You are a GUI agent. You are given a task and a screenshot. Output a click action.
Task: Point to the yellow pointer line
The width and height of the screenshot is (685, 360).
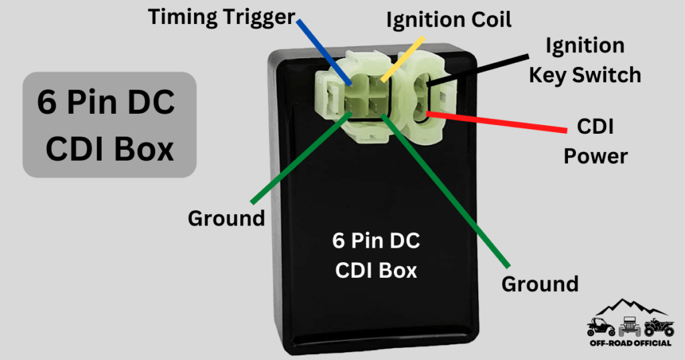402,57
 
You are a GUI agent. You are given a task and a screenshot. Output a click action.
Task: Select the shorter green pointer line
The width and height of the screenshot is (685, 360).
301,158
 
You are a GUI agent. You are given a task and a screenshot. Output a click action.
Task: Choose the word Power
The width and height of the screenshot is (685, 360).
595,156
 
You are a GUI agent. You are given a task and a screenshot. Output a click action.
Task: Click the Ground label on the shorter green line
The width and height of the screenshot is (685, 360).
226,218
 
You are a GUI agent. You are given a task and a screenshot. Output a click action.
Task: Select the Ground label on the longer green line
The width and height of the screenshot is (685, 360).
540,284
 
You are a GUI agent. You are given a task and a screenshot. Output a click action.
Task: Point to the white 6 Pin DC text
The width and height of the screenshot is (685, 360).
376,241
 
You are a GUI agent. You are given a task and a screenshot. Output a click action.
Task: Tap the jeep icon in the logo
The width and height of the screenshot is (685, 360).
628,327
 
